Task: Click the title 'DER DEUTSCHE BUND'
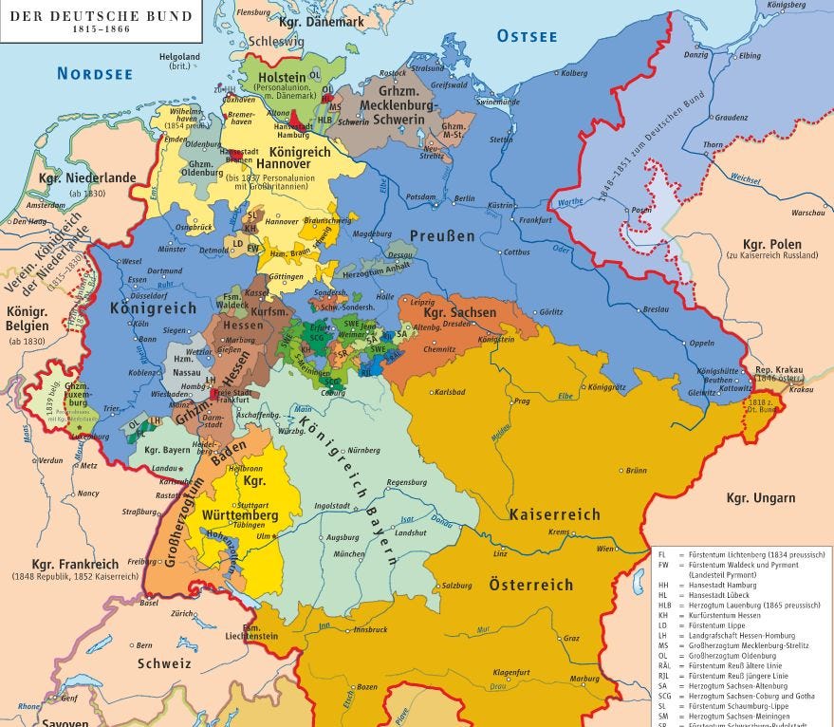click(x=100, y=15)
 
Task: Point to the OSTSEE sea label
click(x=527, y=36)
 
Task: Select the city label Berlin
click(x=464, y=198)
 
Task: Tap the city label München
click(x=349, y=553)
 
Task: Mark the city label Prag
click(x=520, y=401)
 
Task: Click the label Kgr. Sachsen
click(x=459, y=312)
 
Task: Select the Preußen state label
click(x=442, y=235)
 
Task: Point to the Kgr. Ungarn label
click(x=761, y=497)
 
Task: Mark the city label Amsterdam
click(x=46, y=205)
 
